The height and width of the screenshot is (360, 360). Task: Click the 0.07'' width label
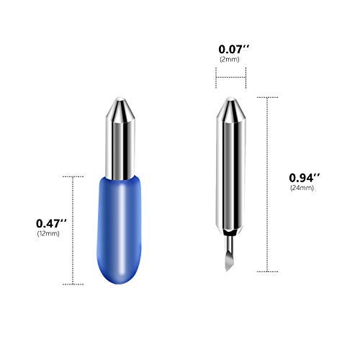click(x=234, y=49)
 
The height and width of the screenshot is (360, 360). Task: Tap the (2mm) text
click(x=230, y=59)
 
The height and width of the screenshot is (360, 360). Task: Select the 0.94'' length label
click(x=305, y=178)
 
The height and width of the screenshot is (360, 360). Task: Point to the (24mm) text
click(x=302, y=188)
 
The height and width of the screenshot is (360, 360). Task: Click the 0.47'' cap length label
click(x=51, y=223)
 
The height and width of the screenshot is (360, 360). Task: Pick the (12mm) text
click(x=48, y=233)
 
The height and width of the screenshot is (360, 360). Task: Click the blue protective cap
click(x=119, y=230)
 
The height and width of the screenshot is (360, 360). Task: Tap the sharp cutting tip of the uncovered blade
click(x=227, y=271)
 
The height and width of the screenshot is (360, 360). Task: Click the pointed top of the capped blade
click(x=120, y=98)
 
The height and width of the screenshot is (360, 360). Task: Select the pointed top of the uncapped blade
click(x=230, y=97)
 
